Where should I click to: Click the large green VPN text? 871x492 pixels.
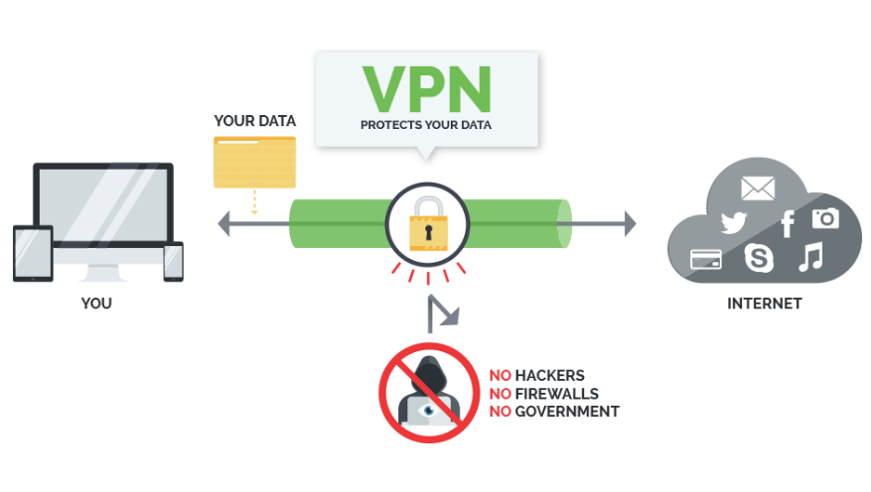coord(426,89)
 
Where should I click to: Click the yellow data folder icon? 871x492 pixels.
coord(254,162)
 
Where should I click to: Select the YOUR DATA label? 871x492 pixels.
coord(254,121)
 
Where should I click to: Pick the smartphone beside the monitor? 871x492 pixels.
coord(173,261)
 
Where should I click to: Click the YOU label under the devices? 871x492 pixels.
coord(96,304)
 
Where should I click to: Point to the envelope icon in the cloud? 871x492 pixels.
coord(757,186)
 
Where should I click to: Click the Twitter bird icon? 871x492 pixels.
coord(733,223)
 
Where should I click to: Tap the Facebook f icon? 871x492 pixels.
coord(787,224)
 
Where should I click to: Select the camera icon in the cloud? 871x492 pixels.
coord(824,218)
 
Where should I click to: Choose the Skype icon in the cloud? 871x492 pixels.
coord(760,259)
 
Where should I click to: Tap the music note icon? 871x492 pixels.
coord(810,258)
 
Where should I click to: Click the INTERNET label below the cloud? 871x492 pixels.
coord(764,304)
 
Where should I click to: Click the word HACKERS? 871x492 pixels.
coord(549,376)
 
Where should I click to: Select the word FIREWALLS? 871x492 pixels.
coord(556,394)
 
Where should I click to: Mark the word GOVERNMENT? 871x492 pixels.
coord(566,412)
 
